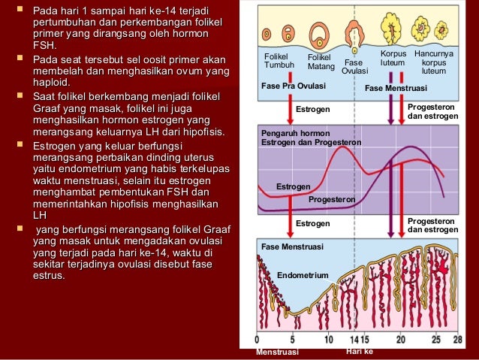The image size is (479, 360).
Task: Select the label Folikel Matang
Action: tap(321, 62)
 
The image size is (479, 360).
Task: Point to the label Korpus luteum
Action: tap(393, 59)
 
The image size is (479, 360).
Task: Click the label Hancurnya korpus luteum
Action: tap(433, 62)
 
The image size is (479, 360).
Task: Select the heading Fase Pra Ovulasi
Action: tap(288, 86)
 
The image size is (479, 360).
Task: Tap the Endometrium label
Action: tap(303, 276)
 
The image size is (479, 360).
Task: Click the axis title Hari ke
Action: tap(359, 351)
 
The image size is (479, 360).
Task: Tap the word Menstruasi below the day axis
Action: tap(277, 352)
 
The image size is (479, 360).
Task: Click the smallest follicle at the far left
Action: tap(267, 34)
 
